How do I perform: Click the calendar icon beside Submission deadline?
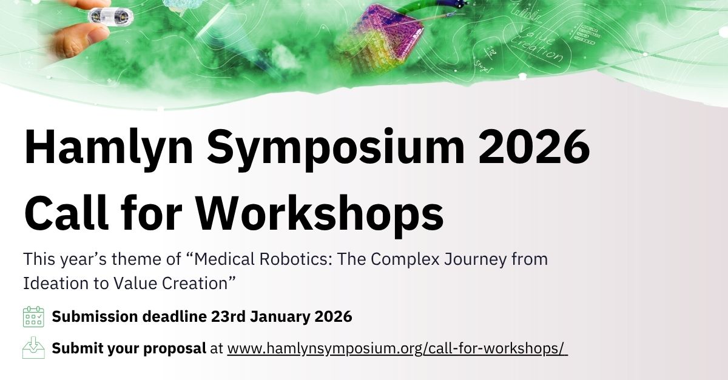33,316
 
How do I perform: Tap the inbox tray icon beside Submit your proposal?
33,348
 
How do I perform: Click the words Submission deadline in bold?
129,316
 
